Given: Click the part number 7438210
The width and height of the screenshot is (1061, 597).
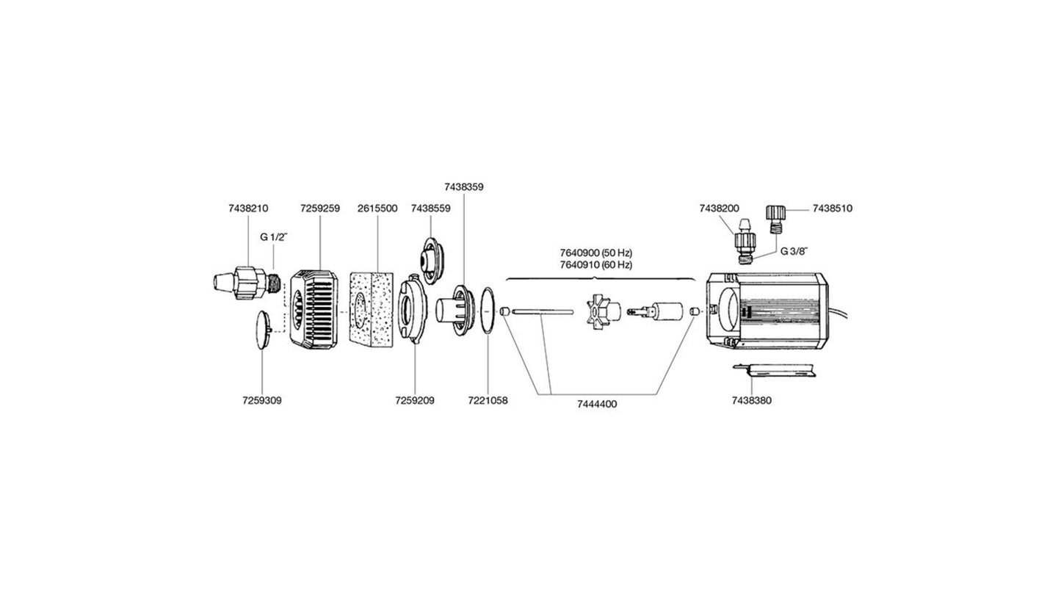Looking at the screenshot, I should click(248, 209).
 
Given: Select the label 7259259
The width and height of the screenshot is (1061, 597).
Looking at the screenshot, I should click(319, 209).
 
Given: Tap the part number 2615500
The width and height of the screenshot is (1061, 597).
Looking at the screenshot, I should click(377, 209).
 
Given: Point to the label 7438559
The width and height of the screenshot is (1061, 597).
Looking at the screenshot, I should click(431, 209).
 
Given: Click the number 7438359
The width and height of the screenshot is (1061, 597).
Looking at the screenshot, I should click(464, 187).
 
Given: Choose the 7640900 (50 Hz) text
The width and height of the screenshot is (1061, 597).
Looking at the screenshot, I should click(596, 253).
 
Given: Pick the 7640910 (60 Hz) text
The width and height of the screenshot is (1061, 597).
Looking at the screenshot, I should click(596, 264).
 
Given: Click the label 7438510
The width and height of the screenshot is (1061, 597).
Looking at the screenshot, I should click(832, 209).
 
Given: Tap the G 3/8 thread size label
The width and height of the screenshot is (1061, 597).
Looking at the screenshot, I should click(794, 251).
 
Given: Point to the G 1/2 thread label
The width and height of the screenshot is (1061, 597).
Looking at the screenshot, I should click(274, 237).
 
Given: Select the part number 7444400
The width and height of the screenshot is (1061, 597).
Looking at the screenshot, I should click(597, 404).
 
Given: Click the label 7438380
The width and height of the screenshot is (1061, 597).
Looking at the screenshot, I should click(752, 401).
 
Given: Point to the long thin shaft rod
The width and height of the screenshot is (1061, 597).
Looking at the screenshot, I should click(542, 312).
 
